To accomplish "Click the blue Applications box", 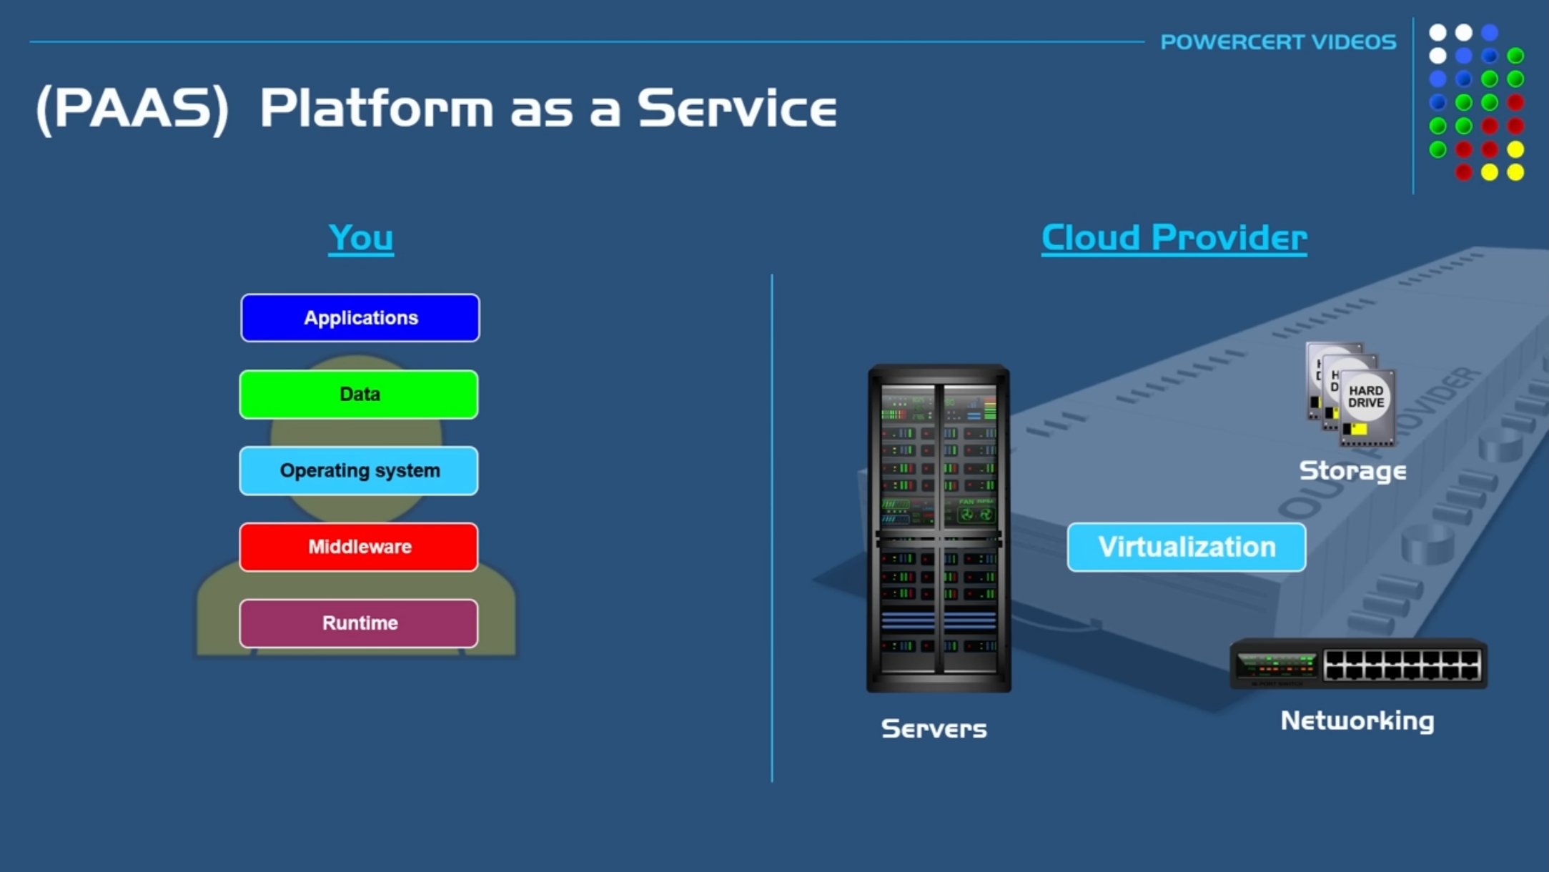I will [x=360, y=318].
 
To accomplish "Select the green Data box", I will [x=359, y=395].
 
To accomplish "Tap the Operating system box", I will [x=359, y=471].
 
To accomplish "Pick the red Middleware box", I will [x=359, y=548].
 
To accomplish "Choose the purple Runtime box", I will [x=359, y=623].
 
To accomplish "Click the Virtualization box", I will [x=1187, y=548].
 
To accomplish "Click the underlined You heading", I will [x=361, y=238].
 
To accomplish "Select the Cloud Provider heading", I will [x=1174, y=238].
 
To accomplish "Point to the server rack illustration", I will [x=939, y=529].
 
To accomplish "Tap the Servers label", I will [x=934, y=729].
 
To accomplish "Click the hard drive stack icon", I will [x=1350, y=395].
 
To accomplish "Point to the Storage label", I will [x=1352, y=471].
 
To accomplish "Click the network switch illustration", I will [x=1358, y=665].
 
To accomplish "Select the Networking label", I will [x=1357, y=720].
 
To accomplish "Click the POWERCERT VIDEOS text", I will [x=1278, y=42].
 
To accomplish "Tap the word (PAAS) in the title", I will [x=132, y=109].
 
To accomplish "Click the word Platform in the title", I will [x=376, y=109].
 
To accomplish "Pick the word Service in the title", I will [x=736, y=109].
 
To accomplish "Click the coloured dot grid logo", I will [x=1476, y=102].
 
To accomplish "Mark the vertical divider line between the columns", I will [x=772, y=529].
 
